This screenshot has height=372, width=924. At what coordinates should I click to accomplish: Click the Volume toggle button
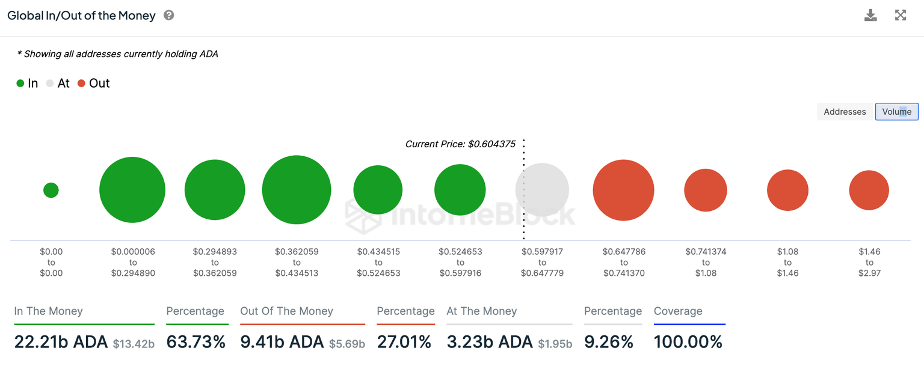point(896,112)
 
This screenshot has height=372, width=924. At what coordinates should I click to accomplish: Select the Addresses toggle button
point(845,112)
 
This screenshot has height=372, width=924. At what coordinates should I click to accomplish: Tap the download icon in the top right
point(870,16)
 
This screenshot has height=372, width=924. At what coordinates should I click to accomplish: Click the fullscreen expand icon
point(901,16)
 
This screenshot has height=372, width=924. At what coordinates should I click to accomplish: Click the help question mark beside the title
point(169,16)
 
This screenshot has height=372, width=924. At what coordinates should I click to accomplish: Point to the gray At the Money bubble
point(542,190)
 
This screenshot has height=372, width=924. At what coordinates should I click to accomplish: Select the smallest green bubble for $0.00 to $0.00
point(51,190)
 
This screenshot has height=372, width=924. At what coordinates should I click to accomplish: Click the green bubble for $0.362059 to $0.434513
point(297,190)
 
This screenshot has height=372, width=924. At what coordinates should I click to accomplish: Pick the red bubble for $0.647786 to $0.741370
point(623,190)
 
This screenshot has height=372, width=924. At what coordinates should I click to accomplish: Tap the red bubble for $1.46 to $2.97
point(869,190)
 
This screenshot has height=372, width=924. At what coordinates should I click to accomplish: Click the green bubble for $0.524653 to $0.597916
point(460,190)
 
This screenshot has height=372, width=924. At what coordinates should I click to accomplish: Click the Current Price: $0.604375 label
point(460,144)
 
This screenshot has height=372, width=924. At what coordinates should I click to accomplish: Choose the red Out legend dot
point(81,84)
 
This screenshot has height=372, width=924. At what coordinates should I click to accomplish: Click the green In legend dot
point(20,84)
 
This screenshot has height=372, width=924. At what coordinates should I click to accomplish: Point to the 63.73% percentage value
point(196,342)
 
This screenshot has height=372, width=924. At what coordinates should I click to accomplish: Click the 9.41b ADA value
point(282,342)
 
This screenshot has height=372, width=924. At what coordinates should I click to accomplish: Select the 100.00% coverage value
point(688,342)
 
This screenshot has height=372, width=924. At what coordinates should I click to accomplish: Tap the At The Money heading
point(481,311)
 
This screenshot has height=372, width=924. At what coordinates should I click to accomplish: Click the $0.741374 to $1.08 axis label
point(706,262)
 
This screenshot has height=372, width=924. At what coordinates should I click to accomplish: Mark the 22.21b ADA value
point(61,342)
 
